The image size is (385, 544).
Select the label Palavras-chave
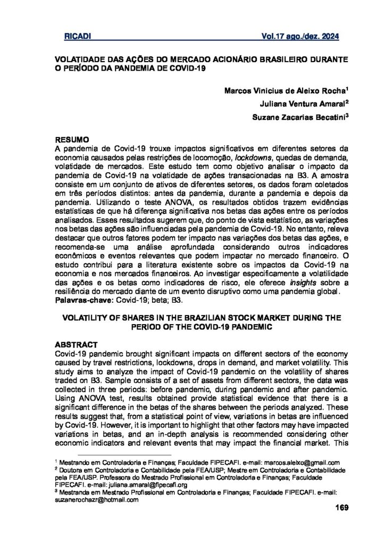(79, 301)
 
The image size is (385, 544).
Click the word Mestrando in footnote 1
(76, 463)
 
